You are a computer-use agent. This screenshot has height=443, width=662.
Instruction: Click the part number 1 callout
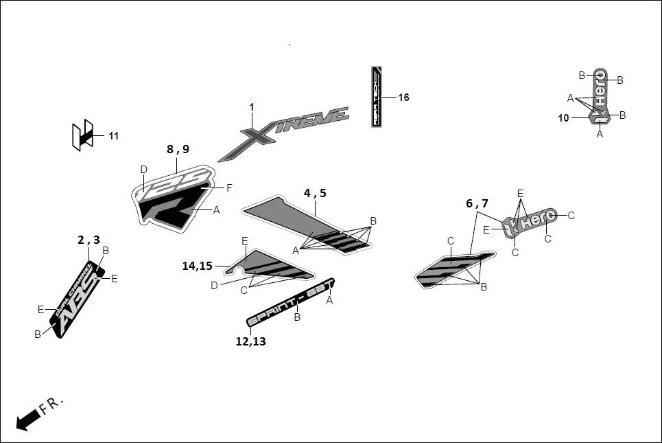(252, 107)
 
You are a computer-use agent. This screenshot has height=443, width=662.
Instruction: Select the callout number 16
(403, 98)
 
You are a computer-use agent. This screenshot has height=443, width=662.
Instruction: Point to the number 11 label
(113, 136)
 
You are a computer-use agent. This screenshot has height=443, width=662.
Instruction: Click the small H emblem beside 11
(82, 136)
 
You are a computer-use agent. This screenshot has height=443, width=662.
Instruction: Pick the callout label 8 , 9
(177, 149)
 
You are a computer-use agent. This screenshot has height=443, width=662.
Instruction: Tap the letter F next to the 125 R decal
(229, 188)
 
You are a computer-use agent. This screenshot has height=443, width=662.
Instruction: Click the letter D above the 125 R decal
(143, 170)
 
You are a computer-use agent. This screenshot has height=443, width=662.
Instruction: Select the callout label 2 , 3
(88, 240)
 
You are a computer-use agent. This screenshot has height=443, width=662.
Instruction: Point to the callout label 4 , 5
(315, 193)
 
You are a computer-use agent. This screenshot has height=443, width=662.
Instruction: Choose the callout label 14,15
(197, 266)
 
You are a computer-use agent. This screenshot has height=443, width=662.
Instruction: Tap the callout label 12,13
(250, 341)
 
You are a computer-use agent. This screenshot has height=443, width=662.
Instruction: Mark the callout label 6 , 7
(477, 203)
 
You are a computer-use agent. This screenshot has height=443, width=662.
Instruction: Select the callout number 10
(563, 118)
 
